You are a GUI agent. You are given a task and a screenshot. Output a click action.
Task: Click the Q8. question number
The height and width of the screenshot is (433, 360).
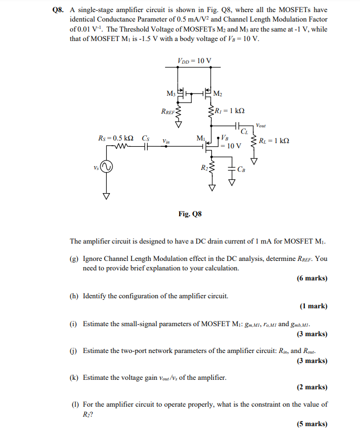[62, 9]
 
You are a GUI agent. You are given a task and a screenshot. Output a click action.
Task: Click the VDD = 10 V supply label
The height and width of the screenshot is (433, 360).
[195, 60]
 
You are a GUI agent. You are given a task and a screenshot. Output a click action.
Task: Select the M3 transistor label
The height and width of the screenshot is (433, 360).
[171, 94]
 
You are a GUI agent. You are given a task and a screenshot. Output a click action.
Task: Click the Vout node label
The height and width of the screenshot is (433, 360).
[261, 125]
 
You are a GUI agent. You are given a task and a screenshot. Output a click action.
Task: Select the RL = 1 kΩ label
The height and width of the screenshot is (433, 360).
[274, 141]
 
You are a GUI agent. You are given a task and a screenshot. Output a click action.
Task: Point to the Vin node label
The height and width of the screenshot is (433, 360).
[166, 141]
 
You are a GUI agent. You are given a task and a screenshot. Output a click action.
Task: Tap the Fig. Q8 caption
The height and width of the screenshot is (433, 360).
[190, 214]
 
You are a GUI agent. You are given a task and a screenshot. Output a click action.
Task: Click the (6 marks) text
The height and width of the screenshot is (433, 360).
[312, 278]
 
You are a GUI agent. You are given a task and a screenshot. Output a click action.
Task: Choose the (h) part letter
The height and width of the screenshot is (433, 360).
[75, 296]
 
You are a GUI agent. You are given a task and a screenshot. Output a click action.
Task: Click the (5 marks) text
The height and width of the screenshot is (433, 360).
[312, 424]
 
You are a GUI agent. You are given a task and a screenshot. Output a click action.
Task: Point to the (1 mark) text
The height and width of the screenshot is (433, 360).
[314, 306]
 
